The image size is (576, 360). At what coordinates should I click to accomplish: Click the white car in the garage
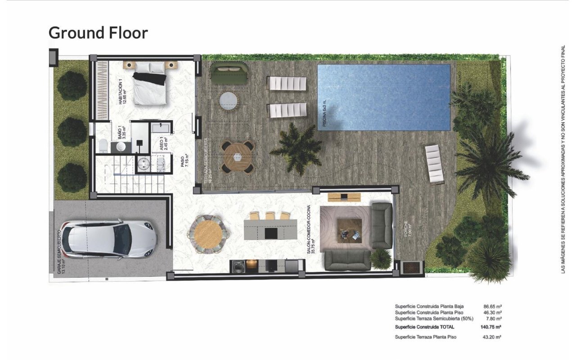[109, 239]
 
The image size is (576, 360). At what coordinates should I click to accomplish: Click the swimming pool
[384, 97]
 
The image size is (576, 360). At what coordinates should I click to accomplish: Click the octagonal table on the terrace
[237, 157]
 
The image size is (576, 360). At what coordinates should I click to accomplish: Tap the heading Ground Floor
[98, 32]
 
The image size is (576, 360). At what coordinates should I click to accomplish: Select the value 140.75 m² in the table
[491, 327]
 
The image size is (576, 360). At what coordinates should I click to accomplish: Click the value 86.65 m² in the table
[493, 306]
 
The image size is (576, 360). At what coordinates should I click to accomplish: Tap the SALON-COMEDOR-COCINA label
[309, 234]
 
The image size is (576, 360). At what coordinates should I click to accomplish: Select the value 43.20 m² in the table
[493, 337]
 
